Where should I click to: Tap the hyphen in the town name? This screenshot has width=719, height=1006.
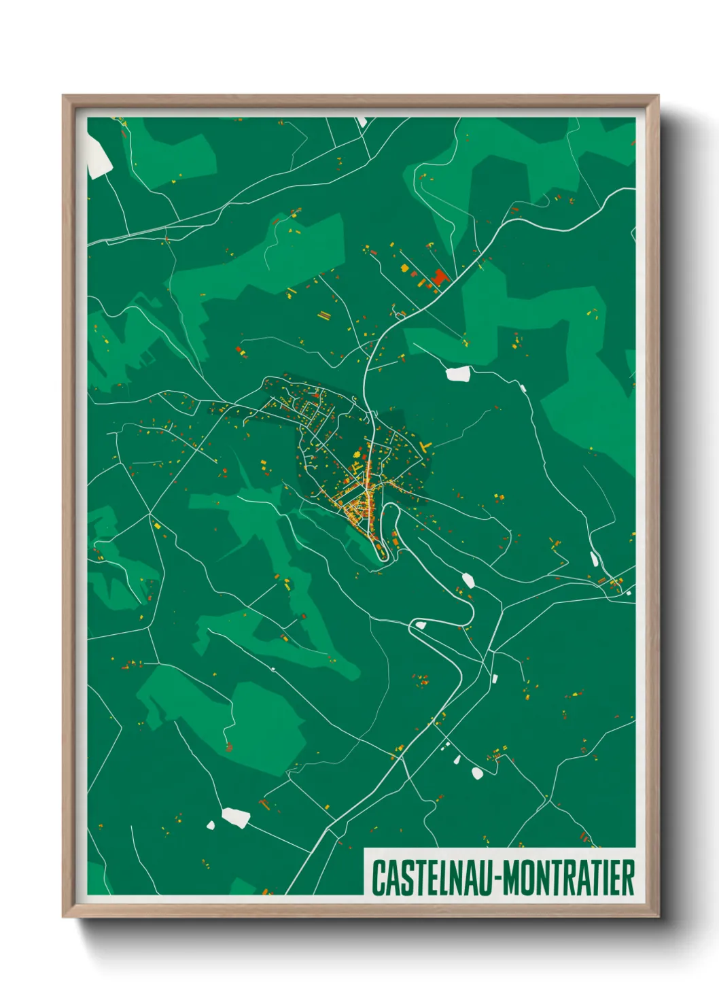coord(498,879)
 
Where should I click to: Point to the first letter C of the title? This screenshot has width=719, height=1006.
coord(376,878)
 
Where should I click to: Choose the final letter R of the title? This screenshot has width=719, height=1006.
coord(629,878)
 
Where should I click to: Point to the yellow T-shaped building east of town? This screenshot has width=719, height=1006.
coord(425,447)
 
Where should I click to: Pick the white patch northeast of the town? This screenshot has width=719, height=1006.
coord(459,373)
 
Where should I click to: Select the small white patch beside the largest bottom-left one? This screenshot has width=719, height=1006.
coord(211,825)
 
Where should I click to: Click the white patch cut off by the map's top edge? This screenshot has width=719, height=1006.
coord(361,122)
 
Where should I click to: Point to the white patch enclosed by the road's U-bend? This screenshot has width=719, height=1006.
coord(420,624)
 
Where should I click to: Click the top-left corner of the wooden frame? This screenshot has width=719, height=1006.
coord(64,97)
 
